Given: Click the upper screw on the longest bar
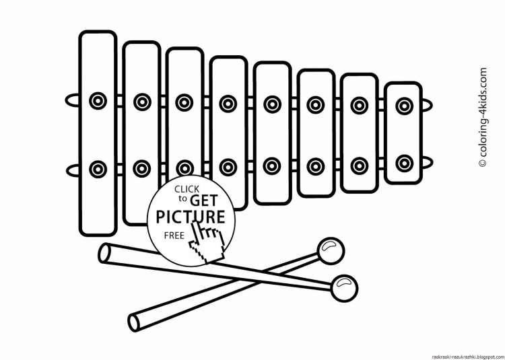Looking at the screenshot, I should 98,101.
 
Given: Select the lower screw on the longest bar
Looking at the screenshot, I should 98,168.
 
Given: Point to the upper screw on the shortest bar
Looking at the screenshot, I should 404,104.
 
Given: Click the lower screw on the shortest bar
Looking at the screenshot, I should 404,162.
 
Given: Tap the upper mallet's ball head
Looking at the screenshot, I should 329,251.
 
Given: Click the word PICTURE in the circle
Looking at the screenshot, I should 191,217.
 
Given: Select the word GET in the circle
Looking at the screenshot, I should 203,200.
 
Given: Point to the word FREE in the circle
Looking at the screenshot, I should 172,236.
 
